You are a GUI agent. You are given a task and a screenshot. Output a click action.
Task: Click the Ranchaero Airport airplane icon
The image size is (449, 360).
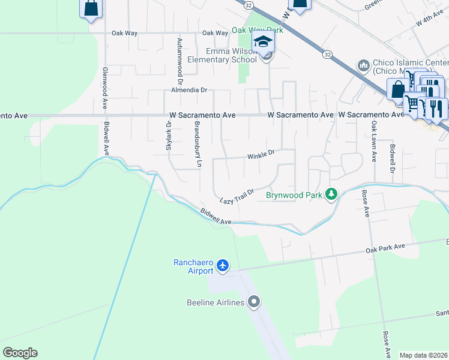coord(223,265)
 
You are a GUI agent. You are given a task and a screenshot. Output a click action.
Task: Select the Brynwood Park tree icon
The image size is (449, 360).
coord(330,194)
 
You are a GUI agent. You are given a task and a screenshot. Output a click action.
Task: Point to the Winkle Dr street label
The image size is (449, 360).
coord(261,155)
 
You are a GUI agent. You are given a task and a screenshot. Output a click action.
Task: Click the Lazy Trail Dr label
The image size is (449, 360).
coord(237,196)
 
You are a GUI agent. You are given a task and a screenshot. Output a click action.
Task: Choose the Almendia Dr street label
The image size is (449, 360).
coord(189,90)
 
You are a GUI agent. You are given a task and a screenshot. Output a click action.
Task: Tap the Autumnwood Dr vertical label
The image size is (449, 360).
coord(179,60)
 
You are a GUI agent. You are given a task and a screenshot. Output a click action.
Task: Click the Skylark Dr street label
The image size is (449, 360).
coord(169,136)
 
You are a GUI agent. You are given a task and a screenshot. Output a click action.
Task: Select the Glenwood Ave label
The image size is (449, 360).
coord(104,87)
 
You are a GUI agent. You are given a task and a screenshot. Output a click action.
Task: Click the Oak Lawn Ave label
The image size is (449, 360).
coord(373,142)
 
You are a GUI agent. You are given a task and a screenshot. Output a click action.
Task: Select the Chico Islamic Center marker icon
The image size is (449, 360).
coord(363,65)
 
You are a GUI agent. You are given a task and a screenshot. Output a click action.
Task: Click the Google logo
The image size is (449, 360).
coord(20,352)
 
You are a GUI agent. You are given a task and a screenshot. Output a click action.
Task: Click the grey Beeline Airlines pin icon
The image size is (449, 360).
coord(254,302)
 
